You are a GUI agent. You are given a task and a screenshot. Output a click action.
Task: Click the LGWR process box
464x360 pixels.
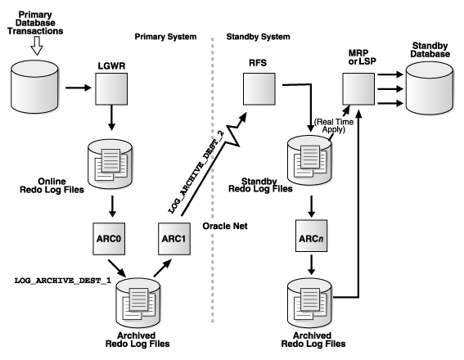pyautogui.click(x=111, y=88)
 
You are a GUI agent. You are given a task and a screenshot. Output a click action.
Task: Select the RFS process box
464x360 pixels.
pyautogui.click(x=259, y=88)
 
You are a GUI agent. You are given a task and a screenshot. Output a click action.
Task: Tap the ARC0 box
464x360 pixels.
pyautogui.click(x=109, y=239)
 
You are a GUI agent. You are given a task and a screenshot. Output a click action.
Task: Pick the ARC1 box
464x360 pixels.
pyautogui.click(x=174, y=239)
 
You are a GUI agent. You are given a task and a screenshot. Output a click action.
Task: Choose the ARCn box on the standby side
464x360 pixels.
pyautogui.click(x=311, y=236)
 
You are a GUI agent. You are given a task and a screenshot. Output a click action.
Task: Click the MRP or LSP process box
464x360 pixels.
pyautogui.click(x=358, y=88)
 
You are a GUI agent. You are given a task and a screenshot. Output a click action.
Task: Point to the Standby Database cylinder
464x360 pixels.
pyautogui.click(x=430, y=88)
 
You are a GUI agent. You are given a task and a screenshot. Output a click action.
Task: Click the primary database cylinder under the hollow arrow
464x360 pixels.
pyautogui.click(x=34, y=87)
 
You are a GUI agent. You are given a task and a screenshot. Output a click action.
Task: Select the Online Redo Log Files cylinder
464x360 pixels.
pyautogui.click(x=110, y=164)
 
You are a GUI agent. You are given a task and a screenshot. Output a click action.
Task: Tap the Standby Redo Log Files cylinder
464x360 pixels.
pyautogui.click(x=309, y=160)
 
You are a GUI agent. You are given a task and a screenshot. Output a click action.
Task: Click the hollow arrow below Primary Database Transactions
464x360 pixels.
pyautogui.click(x=37, y=46)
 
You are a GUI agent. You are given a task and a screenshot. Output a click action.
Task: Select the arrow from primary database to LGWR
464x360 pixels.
pyautogui.click(x=79, y=88)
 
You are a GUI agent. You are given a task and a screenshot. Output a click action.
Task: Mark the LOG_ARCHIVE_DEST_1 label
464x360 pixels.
pyautogui.click(x=63, y=281)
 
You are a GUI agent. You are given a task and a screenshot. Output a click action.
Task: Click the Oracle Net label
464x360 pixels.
pyautogui.click(x=225, y=226)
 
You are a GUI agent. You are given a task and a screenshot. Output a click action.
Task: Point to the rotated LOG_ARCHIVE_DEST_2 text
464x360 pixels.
pyautogui.click(x=196, y=172)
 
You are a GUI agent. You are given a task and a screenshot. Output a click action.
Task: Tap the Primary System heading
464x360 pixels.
pyautogui.click(x=165, y=37)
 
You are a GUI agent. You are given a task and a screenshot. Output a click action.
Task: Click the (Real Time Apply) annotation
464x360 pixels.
pyautogui.click(x=334, y=125)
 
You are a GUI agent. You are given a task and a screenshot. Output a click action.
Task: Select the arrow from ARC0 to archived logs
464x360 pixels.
pyautogui.click(x=117, y=268)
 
